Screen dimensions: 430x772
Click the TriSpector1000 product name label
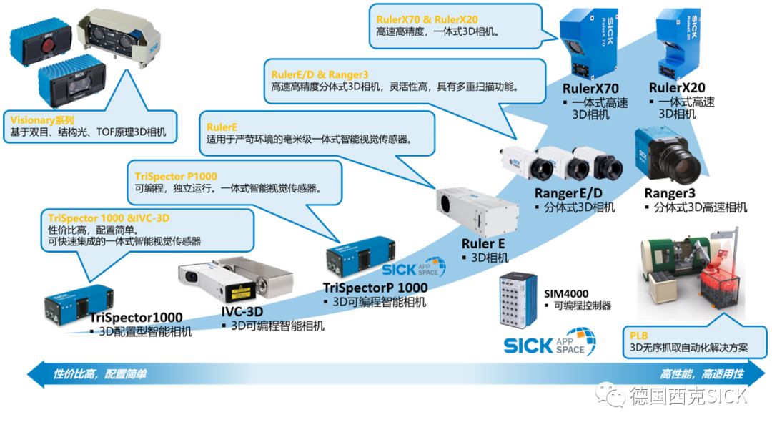[136, 317]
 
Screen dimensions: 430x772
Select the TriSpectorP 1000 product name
[375, 288]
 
